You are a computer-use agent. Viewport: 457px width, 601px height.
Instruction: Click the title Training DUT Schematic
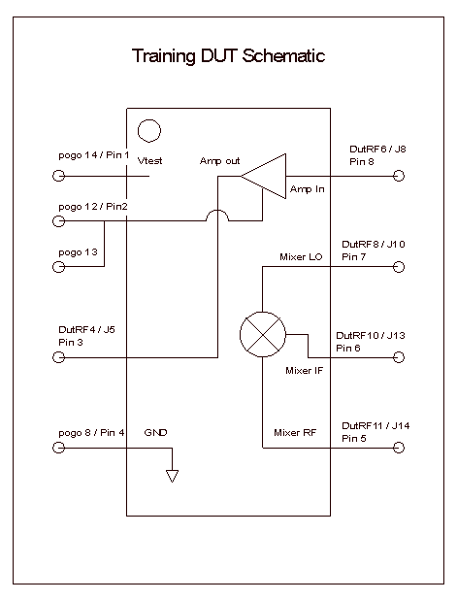(228, 56)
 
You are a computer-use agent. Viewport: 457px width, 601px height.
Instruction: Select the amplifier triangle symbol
(264, 177)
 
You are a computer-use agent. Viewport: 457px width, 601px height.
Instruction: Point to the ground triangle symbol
(172, 476)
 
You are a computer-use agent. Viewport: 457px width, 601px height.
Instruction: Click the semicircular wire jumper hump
(217, 210)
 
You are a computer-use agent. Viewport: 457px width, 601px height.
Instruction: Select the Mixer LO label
(301, 256)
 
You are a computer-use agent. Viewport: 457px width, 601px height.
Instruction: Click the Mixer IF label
(304, 371)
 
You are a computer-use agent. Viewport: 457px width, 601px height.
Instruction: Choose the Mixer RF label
(295, 433)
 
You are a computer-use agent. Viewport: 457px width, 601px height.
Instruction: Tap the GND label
(155, 433)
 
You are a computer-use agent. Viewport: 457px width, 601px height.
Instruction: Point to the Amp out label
(219, 161)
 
